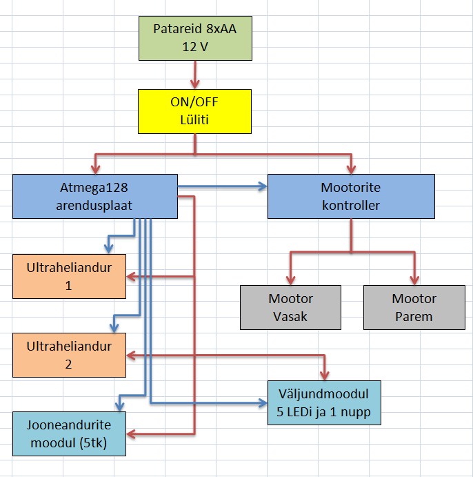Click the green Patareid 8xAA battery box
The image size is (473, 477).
pos(195,39)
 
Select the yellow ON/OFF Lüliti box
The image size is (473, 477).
pos(195,110)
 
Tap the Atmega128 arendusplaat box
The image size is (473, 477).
pos(96,197)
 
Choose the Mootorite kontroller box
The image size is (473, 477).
pos(351,197)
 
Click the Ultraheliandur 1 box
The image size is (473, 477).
pos(69,276)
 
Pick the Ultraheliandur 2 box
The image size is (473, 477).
pos(69,355)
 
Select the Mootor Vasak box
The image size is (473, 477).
pos(290,308)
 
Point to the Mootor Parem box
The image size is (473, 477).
pos(414,308)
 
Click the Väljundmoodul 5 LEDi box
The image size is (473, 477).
pos(323,405)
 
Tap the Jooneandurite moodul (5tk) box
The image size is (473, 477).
pos(69,434)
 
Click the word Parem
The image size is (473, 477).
pos(414,317)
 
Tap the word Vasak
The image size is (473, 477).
pos(290,317)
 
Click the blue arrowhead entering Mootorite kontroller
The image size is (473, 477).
pos(263,186)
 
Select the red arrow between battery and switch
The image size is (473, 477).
pos(195,75)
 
